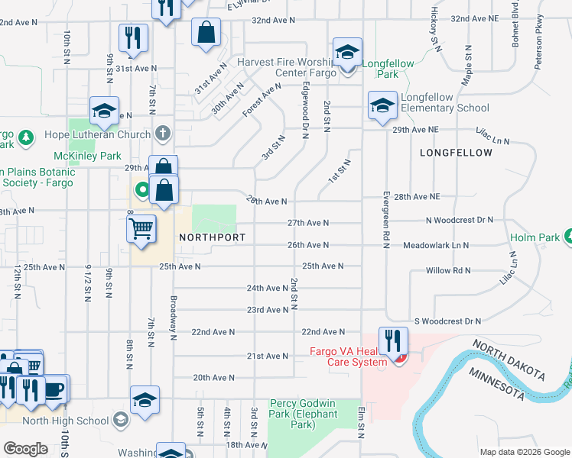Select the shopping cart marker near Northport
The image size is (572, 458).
coord(141,227)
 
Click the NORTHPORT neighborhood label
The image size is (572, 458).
coord(212,237)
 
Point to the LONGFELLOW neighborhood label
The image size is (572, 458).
coord(456,153)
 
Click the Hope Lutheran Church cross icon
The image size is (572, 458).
coord(161,134)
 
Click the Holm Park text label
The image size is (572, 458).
coord(535,237)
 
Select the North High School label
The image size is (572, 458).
coord(66,420)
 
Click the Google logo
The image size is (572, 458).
coord(26,449)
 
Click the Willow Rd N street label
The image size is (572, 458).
coord(449,270)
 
